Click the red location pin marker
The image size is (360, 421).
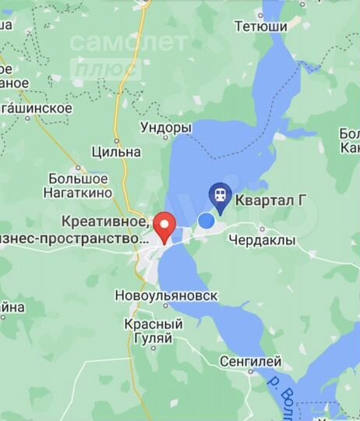[164, 226]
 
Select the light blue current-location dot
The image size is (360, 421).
[206, 221]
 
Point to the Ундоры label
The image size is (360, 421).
[165, 127]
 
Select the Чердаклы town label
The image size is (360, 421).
[263, 241]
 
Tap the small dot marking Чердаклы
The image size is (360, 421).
[263, 228]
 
